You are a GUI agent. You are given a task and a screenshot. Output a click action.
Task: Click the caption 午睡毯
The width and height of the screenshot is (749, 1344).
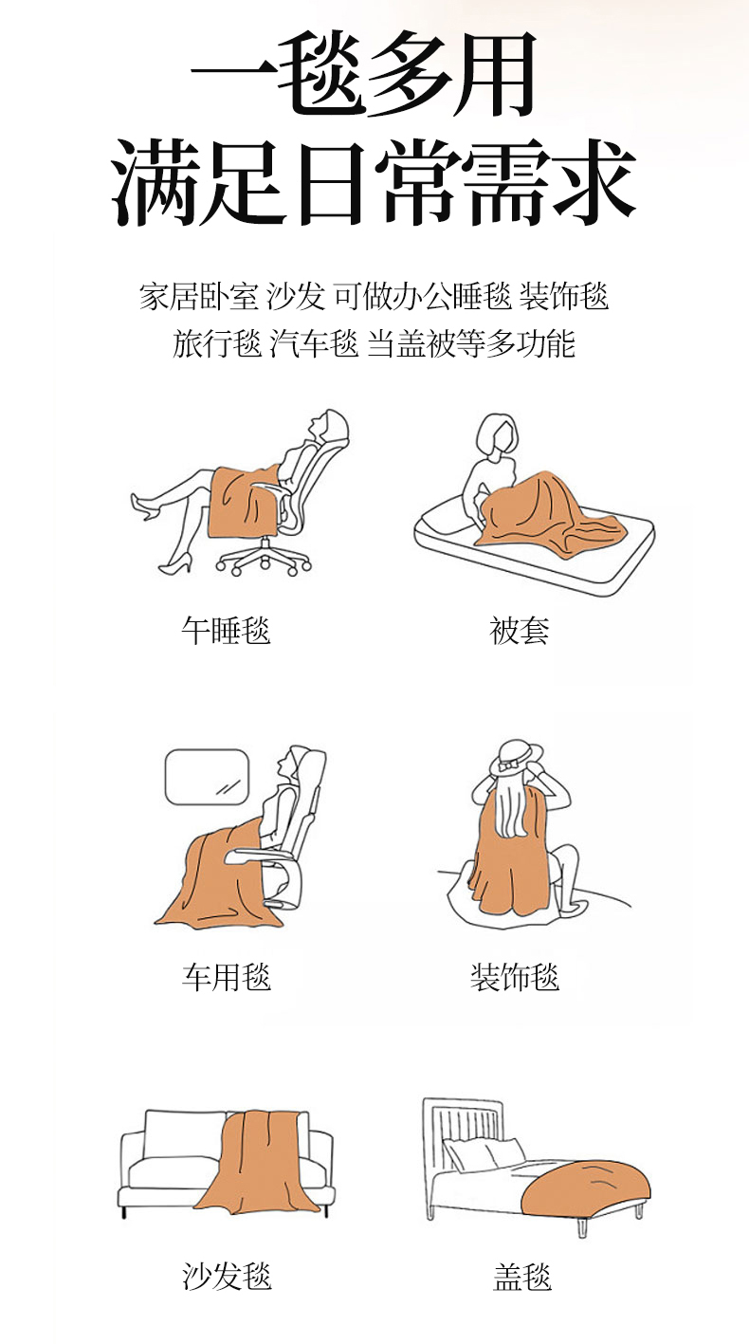226,631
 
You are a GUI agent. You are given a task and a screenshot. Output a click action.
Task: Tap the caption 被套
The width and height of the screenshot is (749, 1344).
520,631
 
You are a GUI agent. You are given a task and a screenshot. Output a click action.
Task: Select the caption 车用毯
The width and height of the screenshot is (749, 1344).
226,977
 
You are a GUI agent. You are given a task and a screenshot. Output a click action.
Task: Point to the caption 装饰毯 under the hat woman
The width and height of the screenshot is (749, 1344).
515,977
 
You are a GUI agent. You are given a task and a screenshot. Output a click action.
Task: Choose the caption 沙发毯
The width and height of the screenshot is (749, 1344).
227,1277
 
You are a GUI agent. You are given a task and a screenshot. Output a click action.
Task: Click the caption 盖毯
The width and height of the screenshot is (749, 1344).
522,1277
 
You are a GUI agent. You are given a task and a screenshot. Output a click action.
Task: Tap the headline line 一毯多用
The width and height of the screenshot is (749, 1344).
364,74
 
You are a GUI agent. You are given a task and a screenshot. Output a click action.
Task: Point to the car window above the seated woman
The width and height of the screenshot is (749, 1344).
207,777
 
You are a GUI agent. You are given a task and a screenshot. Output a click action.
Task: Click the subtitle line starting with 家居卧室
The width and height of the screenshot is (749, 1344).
374,296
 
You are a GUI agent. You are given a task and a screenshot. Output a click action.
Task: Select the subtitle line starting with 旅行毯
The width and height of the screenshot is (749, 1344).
374,343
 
